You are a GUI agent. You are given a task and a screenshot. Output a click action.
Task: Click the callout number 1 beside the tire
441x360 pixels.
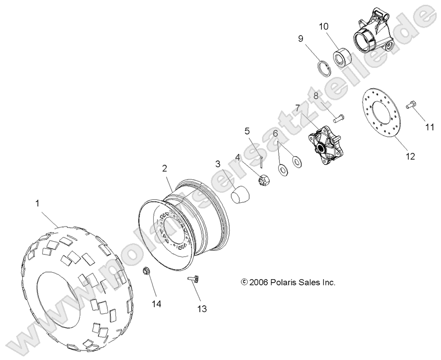pyautogui.click(x=38, y=203)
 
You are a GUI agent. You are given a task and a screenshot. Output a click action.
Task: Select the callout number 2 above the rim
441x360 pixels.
pyautogui.click(x=164, y=168)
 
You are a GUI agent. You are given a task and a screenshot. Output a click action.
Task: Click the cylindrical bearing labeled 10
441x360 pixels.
pyautogui.click(x=340, y=57)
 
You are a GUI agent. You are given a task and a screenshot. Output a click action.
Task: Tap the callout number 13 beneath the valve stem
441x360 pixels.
pyautogui.click(x=202, y=309)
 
